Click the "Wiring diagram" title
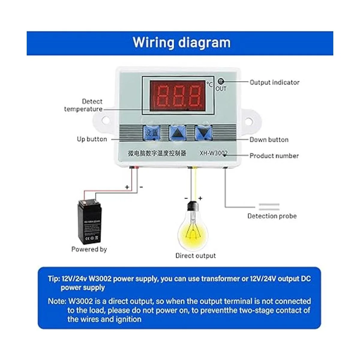[181, 43]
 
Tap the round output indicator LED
[221, 81]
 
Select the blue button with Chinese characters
[152, 133]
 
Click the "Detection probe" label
[272, 216]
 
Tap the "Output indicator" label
[274, 82]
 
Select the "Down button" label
[269, 139]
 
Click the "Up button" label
[92, 139]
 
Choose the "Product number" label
[274, 156]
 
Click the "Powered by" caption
[89, 249]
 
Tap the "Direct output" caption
[195, 256]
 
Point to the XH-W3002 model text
[214, 153]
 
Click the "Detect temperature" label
[84, 105]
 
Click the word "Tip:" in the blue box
[54, 279]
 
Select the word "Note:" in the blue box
[57, 301]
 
